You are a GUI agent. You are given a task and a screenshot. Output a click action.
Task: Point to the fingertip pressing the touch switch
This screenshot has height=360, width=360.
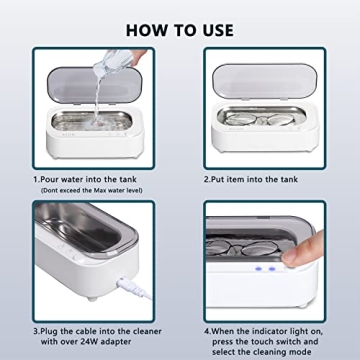point(296,262)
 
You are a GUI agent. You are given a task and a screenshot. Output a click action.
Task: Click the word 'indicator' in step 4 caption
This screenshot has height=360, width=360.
point(260,327)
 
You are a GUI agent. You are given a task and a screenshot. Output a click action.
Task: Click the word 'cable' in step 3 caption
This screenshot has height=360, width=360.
point(79,327)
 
